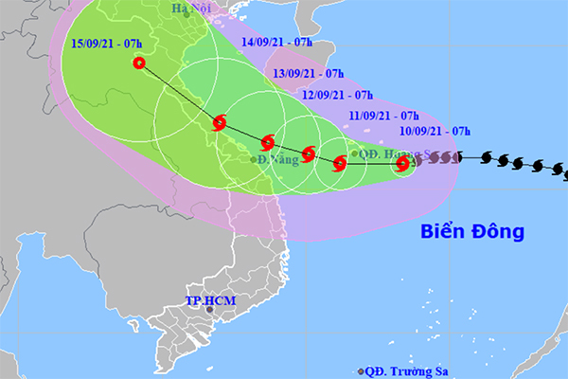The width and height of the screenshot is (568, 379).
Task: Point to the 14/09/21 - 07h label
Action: (277, 43)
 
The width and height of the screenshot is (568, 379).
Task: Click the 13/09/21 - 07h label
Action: (309, 72)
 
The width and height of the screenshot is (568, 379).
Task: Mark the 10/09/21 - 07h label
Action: (434, 131)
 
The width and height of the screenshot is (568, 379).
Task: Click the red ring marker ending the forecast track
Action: (140, 63)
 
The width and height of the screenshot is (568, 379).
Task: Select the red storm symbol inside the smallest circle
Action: (402, 164)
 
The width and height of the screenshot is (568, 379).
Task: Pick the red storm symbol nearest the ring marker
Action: (220, 121)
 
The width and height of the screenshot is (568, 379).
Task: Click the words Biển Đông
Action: (471, 230)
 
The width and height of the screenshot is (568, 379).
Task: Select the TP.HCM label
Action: (209, 303)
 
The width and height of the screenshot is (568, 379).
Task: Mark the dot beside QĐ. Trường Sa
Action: (361, 370)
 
